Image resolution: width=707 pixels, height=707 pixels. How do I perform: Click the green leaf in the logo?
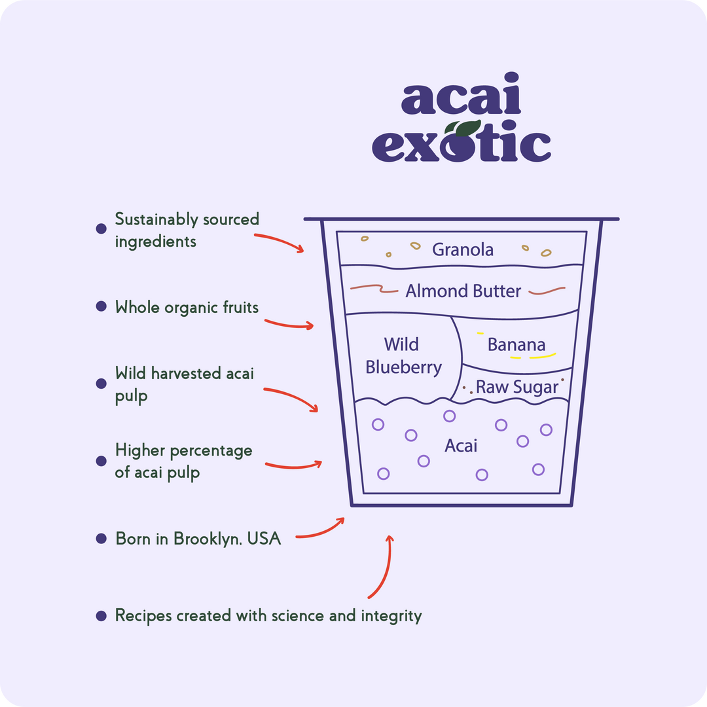click(x=463, y=128)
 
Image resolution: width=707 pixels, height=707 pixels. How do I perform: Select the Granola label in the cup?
click(x=463, y=249)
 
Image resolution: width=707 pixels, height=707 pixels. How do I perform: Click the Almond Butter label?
click(x=463, y=291)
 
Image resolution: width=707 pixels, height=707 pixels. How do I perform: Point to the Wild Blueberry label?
click(x=403, y=355)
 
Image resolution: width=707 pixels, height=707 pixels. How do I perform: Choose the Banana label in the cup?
click(x=517, y=344)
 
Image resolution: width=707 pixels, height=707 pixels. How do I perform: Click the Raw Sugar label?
click(x=517, y=388)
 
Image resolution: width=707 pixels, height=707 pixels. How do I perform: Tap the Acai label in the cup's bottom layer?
click(x=461, y=446)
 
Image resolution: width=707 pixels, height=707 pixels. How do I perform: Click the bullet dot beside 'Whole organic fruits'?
click(x=101, y=306)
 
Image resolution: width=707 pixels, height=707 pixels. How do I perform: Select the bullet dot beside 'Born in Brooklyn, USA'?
click(x=101, y=538)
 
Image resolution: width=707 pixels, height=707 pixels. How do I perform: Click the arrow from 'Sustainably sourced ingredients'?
click(x=280, y=242)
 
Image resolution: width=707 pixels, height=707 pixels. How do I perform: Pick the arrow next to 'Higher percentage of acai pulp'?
click(x=293, y=465)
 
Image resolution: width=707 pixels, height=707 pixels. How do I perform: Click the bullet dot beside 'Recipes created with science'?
click(x=101, y=616)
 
